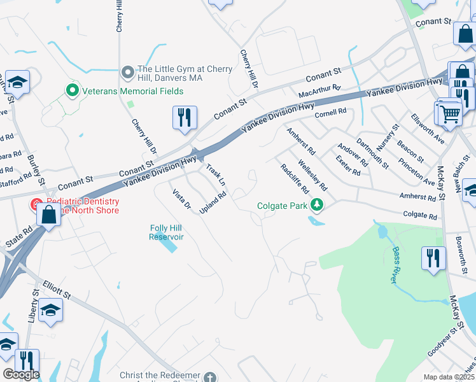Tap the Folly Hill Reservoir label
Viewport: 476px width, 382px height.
click(167, 232)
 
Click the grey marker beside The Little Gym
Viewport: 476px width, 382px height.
click(128, 71)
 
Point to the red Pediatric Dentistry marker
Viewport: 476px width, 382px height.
click(36, 206)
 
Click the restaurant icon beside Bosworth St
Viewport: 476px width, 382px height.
click(433, 258)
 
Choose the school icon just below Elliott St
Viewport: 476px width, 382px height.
click(50, 310)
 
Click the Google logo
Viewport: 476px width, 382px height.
click(21, 374)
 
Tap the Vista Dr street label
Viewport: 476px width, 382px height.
click(181, 199)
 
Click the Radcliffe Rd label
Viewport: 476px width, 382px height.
click(295, 179)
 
